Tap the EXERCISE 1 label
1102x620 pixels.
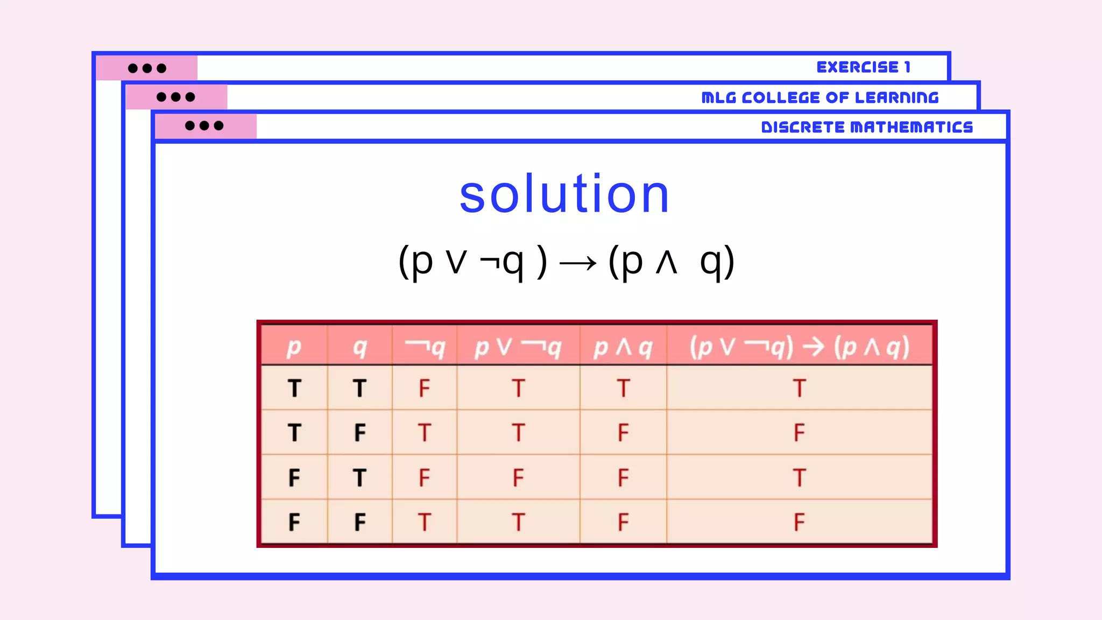(x=863, y=67)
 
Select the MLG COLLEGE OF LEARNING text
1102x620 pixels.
(x=820, y=97)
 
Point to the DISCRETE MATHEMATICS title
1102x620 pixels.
(x=867, y=127)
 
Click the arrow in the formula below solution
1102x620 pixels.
(x=577, y=263)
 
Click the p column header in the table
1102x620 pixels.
(x=294, y=347)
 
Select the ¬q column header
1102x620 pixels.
(x=425, y=347)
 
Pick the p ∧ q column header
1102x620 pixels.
(x=623, y=347)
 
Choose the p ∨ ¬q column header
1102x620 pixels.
(x=518, y=347)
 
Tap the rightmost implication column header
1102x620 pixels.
(x=799, y=347)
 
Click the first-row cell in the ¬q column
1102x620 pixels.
(x=425, y=388)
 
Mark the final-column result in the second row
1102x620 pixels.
(x=799, y=433)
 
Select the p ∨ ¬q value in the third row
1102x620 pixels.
(x=518, y=477)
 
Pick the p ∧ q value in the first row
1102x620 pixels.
(x=623, y=388)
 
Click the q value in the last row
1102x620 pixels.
(x=360, y=522)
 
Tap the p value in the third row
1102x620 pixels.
(x=294, y=477)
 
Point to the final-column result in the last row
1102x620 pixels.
(x=799, y=522)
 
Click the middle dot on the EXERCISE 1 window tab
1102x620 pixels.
(x=147, y=68)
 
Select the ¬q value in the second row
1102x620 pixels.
(x=425, y=433)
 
